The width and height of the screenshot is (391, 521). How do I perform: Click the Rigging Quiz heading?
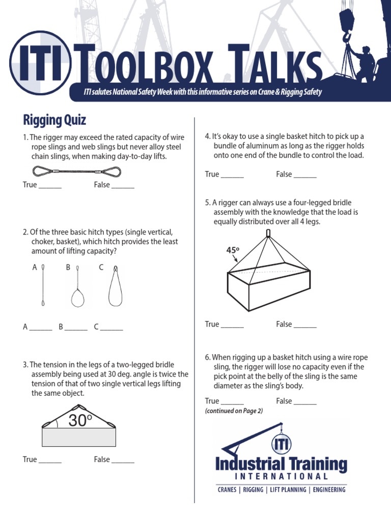point(54,120)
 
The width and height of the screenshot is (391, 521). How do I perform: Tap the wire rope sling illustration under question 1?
point(77,171)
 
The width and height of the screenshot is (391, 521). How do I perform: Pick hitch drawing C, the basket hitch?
point(115,287)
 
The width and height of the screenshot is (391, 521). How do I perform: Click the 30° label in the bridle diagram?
point(80,420)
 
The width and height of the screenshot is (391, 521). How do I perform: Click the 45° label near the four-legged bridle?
point(233,250)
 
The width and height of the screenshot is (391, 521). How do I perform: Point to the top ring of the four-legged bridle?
point(268,234)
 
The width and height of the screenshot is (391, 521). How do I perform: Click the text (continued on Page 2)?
point(234,411)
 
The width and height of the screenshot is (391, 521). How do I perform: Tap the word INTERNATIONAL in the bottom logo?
point(281,477)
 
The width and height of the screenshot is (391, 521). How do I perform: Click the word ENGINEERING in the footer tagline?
point(329,490)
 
